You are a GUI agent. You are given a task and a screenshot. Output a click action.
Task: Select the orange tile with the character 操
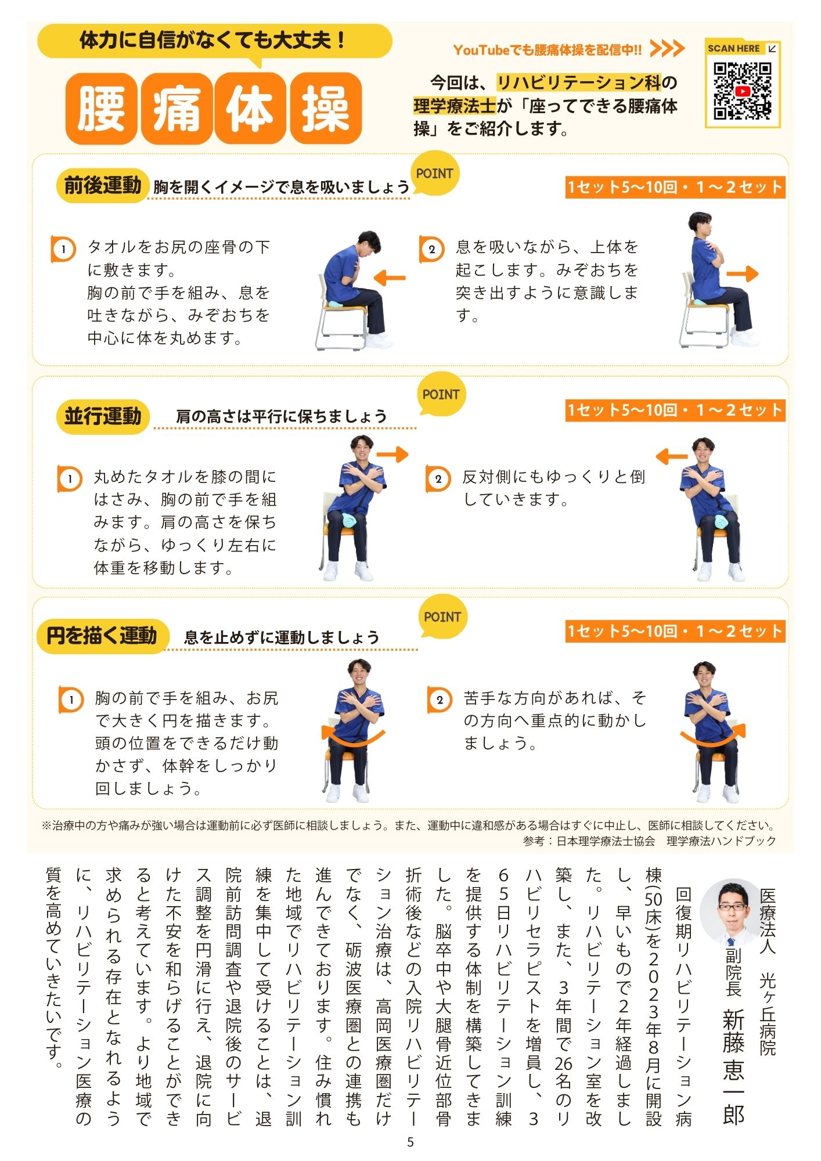(x=326, y=109)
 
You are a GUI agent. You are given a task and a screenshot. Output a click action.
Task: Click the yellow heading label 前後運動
(x=103, y=186)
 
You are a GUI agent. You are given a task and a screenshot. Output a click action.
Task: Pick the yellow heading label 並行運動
(x=103, y=416)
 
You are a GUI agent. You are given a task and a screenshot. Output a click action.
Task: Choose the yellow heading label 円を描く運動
(x=103, y=636)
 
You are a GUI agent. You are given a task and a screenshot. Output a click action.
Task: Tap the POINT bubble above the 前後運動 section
(x=434, y=174)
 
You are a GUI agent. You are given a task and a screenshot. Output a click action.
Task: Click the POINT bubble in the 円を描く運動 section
(x=442, y=617)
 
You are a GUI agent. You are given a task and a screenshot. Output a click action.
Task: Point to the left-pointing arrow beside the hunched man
(x=389, y=277)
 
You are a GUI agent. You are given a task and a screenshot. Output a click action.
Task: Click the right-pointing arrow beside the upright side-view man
(x=743, y=274)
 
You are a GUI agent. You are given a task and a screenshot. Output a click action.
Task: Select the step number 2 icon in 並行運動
(x=438, y=479)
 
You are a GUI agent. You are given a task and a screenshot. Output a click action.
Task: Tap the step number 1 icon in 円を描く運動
(x=71, y=700)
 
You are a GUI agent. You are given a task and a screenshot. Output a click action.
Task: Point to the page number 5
(x=410, y=1142)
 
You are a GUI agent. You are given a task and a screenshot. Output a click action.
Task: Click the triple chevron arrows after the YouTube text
(x=667, y=49)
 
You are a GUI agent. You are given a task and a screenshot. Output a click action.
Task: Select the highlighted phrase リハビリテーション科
(x=579, y=82)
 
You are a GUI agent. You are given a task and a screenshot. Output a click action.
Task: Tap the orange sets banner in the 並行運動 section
(x=675, y=410)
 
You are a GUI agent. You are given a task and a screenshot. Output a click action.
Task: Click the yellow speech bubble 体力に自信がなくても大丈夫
(x=214, y=41)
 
